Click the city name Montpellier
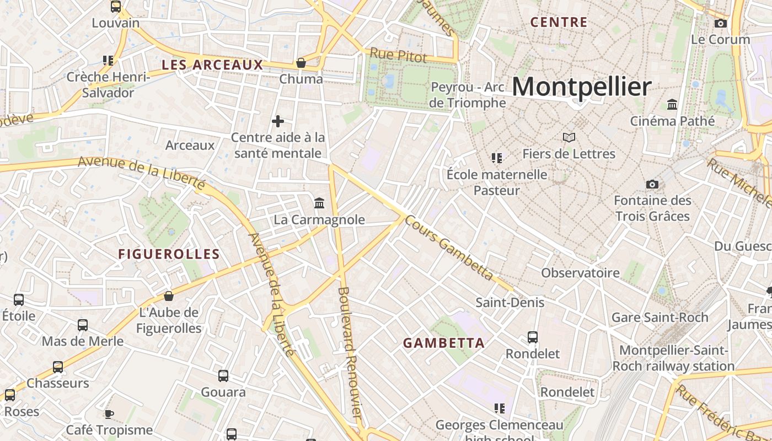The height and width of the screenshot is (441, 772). [x=582, y=87]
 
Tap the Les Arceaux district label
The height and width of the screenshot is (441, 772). [x=212, y=65]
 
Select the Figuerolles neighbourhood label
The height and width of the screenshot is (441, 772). [x=169, y=254]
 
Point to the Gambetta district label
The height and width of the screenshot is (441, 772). [x=444, y=343]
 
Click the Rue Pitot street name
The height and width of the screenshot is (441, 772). [x=398, y=55]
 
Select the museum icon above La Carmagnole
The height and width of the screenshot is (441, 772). [x=319, y=203]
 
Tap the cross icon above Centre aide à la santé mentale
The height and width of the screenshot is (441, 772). [x=278, y=121]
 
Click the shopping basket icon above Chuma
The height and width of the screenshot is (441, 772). [x=301, y=63]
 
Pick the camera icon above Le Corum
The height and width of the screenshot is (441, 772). [x=720, y=23]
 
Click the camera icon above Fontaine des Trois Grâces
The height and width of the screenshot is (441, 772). [x=652, y=184]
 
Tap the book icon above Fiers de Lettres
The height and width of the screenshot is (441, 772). [x=569, y=137]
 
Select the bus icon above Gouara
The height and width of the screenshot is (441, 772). [x=223, y=376]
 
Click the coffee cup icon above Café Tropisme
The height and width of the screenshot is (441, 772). [x=109, y=414]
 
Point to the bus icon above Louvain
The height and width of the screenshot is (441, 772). [x=116, y=7]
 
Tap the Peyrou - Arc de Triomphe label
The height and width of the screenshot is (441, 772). [x=468, y=95]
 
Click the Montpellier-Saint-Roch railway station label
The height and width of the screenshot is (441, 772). [x=673, y=358]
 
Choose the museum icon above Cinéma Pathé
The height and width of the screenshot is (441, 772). [x=672, y=104]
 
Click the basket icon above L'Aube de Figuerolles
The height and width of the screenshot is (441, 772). [x=169, y=296]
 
